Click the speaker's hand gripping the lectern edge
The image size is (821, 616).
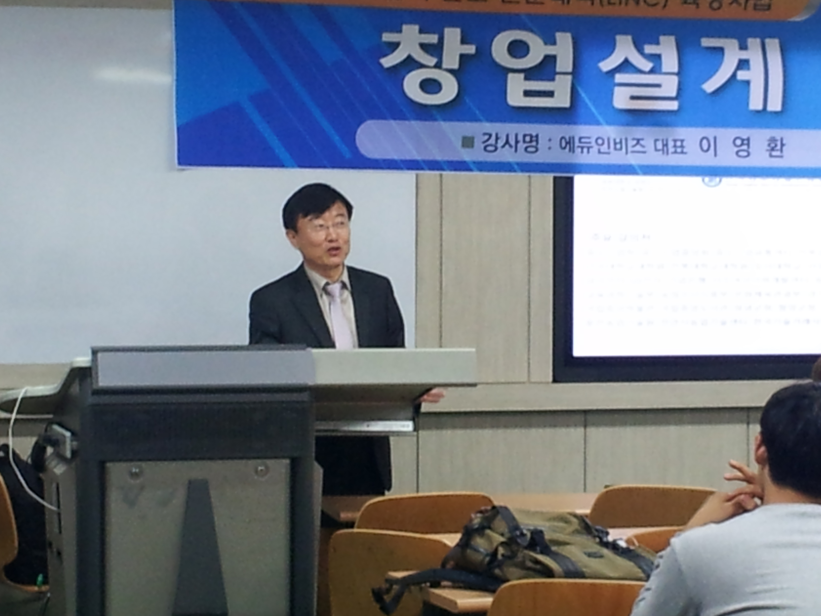[432, 396]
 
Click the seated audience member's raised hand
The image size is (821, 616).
[738, 483]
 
